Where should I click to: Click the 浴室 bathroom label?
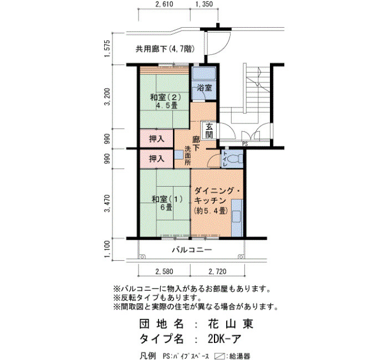205,88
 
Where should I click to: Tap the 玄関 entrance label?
210,131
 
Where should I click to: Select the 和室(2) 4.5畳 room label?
166,101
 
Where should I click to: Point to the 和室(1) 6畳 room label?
167,203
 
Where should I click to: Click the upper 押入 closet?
157,138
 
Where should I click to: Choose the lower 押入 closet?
157,159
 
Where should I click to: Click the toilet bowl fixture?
236,159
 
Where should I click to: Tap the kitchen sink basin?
237,217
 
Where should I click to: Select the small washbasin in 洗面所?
179,155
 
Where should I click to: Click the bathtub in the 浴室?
205,74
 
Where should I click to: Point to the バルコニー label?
192,250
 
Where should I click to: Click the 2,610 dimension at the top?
164,4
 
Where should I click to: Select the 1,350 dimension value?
204,4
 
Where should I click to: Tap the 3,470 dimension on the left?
108,203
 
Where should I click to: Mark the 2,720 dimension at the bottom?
217,272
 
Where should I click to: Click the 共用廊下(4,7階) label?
165,49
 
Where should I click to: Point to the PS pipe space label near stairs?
245,144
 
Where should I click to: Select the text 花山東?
231,323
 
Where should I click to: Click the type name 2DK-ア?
224,339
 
